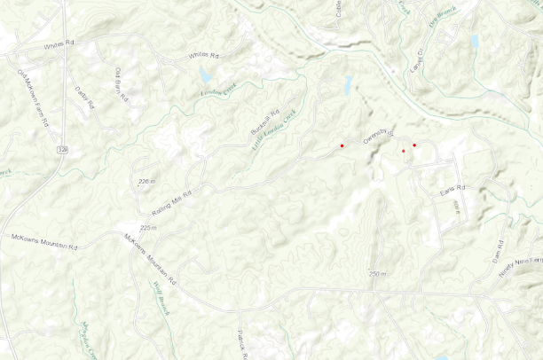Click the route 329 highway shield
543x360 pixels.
(x=61, y=151)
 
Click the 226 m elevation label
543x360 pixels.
(x=146, y=182)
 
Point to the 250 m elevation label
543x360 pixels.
(x=378, y=274)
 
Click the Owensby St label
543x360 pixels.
(x=377, y=137)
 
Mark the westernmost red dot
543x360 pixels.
(x=342, y=145)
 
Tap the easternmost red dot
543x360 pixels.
(x=414, y=145)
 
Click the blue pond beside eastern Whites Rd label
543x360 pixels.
(x=206, y=75)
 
